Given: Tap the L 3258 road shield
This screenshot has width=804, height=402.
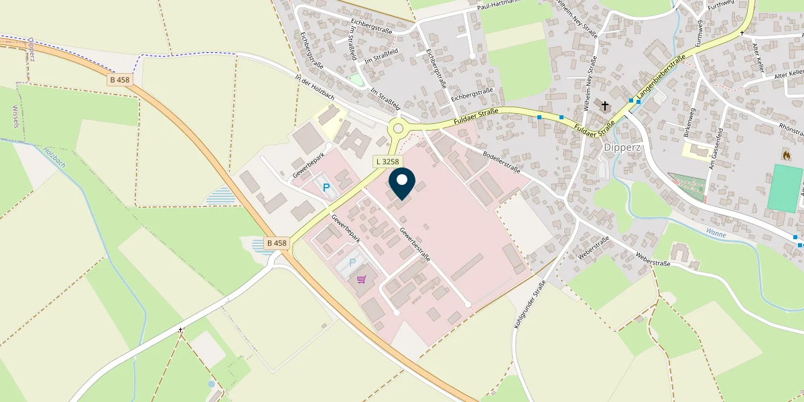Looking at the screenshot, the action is point(387,161).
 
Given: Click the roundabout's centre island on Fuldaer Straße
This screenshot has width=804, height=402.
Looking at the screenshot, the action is point(398,128).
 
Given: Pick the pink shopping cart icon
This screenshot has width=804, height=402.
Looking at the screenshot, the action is point(362,279).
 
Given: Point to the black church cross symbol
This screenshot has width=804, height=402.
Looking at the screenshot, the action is point(605,106).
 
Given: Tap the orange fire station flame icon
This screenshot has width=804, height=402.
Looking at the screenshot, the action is point(785,154).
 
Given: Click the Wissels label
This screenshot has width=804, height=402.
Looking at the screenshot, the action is point(15,116).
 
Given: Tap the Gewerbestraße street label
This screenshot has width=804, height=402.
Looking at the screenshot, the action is point(415,244).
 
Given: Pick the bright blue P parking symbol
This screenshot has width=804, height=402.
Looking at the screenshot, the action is point(327,188).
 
